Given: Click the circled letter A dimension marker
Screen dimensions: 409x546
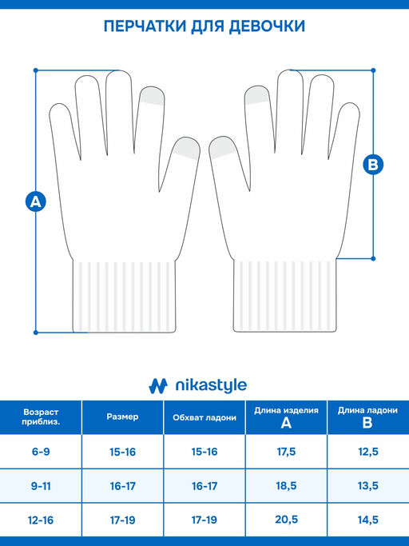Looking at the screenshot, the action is (x=36, y=201).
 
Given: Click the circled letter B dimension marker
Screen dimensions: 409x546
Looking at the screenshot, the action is (x=373, y=165).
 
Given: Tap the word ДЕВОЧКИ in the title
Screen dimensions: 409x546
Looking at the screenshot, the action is (x=267, y=26).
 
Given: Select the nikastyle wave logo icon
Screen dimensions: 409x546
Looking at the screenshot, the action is (x=158, y=386).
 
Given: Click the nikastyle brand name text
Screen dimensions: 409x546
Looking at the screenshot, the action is (x=211, y=385).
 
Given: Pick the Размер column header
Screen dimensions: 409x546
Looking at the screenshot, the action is (x=122, y=416).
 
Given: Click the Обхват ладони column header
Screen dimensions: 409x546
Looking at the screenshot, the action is (x=204, y=417).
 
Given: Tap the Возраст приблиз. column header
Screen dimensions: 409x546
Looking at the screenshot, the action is (x=41, y=416).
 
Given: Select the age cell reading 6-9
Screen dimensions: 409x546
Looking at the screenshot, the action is (x=41, y=452).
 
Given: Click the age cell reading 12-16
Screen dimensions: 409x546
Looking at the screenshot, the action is (x=41, y=520).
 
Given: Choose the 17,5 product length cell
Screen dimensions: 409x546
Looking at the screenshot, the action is (x=286, y=452).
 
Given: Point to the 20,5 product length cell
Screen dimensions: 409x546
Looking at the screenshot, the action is (x=286, y=520).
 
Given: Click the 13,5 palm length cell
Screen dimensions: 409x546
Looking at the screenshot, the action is (x=368, y=486).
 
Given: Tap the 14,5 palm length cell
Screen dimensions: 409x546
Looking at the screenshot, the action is (x=368, y=520).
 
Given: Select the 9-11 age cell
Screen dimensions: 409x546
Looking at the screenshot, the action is (x=41, y=486).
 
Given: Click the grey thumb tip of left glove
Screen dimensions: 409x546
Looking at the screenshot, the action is (x=188, y=148).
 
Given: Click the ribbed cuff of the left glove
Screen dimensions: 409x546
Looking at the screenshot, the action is (x=125, y=296).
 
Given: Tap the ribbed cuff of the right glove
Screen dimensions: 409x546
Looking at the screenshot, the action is (x=284, y=295).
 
